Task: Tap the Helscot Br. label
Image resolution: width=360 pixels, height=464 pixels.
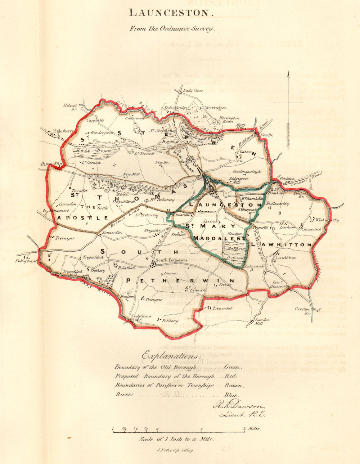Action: click(x=70, y=107)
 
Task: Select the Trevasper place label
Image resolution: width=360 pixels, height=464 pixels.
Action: click(x=65, y=238)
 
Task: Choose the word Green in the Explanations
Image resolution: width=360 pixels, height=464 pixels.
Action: click(x=232, y=367)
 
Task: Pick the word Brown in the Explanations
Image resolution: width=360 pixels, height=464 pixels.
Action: click(x=234, y=386)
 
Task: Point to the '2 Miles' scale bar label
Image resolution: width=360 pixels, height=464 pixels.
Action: click(x=252, y=428)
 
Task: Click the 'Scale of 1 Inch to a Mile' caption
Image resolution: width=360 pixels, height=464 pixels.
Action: click(x=176, y=439)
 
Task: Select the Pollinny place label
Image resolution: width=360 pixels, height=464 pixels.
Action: click(x=170, y=321)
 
